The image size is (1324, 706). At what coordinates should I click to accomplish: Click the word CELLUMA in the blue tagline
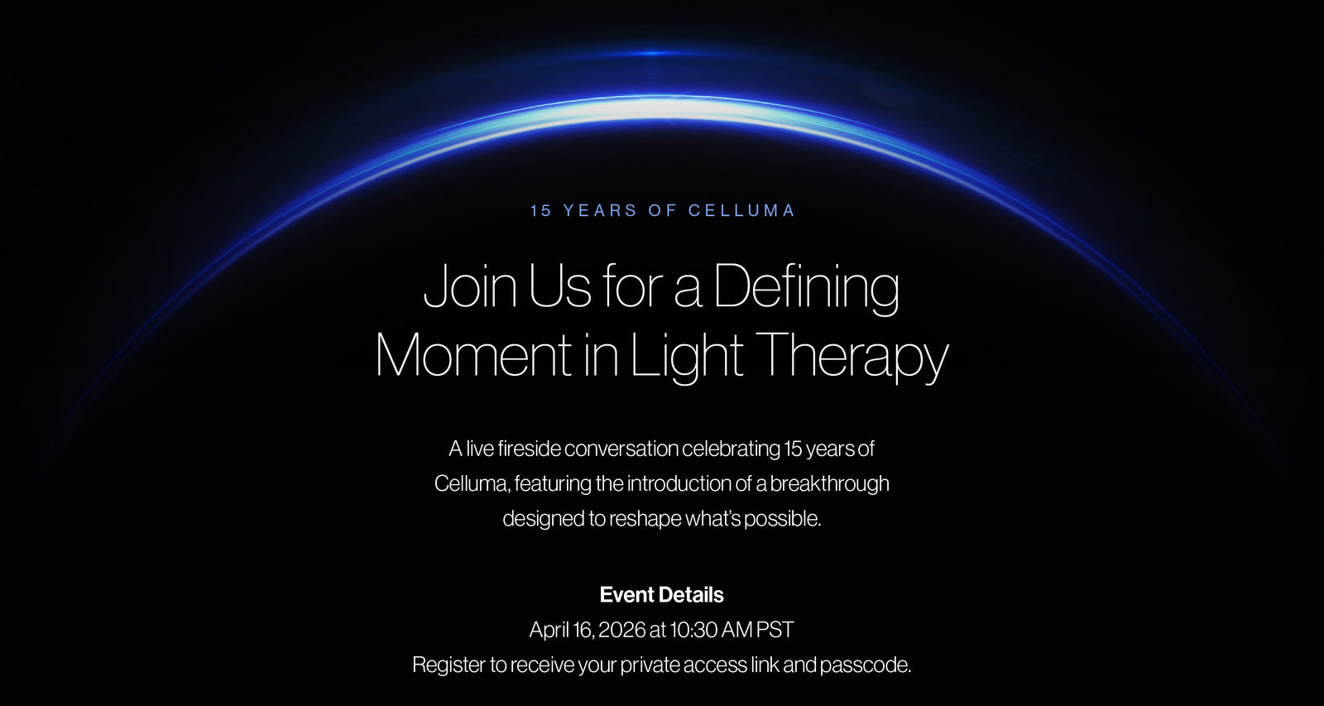[x=741, y=210]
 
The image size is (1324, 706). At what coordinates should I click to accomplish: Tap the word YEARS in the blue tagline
[x=600, y=210]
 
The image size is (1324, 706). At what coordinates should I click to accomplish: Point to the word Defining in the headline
[x=807, y=288]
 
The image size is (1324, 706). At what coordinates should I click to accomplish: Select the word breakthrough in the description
[x=829, y=483]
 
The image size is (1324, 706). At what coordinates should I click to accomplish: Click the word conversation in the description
[x=621, y=449]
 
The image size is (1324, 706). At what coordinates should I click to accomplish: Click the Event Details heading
[x=661, y=595]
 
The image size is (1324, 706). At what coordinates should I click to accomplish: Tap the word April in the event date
[x=549, y=631]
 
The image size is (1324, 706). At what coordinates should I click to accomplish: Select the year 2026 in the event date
[x=621, y=630]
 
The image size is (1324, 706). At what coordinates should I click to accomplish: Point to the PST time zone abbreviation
[x=775, y=630]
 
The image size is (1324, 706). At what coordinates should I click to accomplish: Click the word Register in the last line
[x=449, y=665]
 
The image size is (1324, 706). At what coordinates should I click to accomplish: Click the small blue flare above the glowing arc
[x=653, y=53]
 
